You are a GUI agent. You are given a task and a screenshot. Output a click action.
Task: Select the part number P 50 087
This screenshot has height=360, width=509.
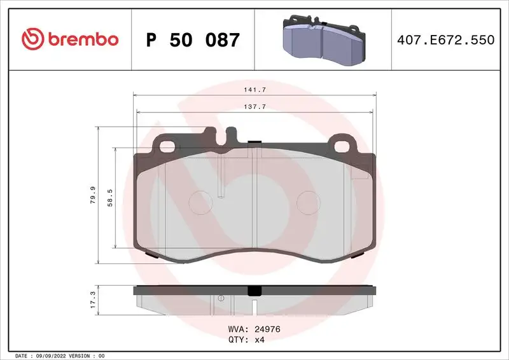coord(193,40)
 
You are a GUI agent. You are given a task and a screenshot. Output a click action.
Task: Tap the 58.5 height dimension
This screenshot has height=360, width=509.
coord(109,197)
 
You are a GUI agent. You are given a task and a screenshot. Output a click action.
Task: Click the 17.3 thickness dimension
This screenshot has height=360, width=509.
coord(93,300)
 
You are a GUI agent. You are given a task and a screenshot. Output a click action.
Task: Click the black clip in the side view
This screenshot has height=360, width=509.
coord(254,290)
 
